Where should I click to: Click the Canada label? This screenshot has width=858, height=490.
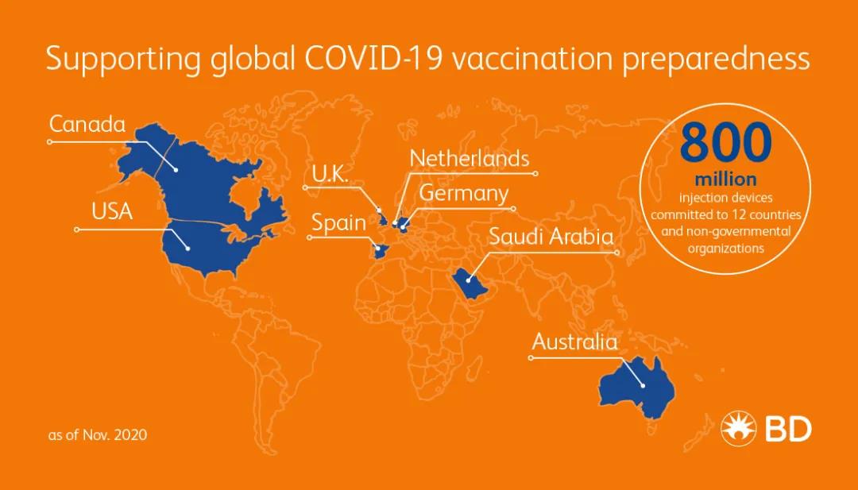coord(87,124)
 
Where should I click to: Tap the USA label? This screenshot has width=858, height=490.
coord(112,211)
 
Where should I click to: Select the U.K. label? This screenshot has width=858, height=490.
coord(330,175)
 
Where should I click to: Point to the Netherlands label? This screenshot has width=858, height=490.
coord(470,159)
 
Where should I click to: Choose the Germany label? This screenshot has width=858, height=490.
coord(464,194)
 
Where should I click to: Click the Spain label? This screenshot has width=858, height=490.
coord(338,223)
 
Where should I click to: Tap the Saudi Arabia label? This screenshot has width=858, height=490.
coord(551,236)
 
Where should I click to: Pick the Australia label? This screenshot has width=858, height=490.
coord(574,341)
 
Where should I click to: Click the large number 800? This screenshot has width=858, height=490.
coord(725,143)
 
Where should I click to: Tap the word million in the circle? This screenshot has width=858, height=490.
coord(725,179)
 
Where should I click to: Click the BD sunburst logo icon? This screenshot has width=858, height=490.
coord(738,428)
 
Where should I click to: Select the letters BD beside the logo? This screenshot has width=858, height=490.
coord(788,429)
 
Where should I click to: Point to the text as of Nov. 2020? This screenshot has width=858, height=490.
coord(98,434)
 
